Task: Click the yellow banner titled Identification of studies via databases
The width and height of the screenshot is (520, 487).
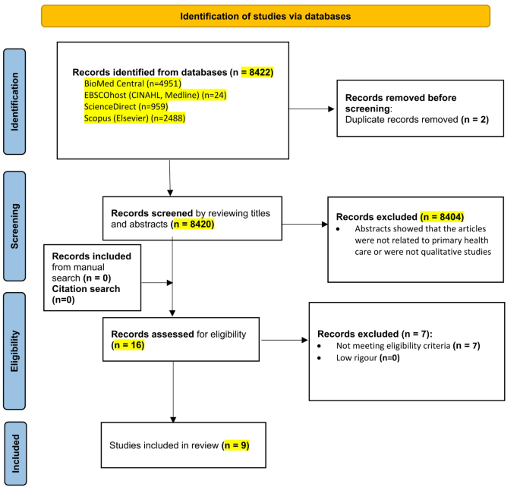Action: pyautogui.click(x=265, y=15)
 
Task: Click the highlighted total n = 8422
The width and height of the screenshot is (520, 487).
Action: pyautogui.click(x=257, y=73)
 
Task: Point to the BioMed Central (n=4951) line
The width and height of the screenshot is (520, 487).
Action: pyautogui.click(x=134, y=83)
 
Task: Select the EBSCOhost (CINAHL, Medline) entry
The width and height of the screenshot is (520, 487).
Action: pyautogui.click(x=156, y=95)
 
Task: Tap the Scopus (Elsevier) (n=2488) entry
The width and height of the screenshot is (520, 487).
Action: pyautogui.click(x=135, y=118)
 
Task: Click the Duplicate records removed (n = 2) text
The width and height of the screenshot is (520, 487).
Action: pyautogui.click(x=408, y=120)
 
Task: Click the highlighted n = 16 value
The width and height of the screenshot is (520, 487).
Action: pyautogui.click(x=127, y=345)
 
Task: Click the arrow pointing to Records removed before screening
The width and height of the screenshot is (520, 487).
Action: pyautogui.click(x=304, y=109)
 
